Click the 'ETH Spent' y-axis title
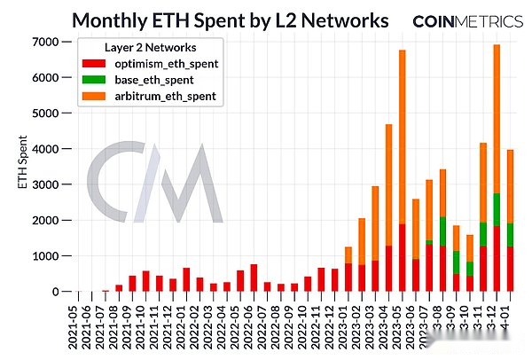(x=24, y=167)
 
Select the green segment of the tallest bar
(x=497, y=209)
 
